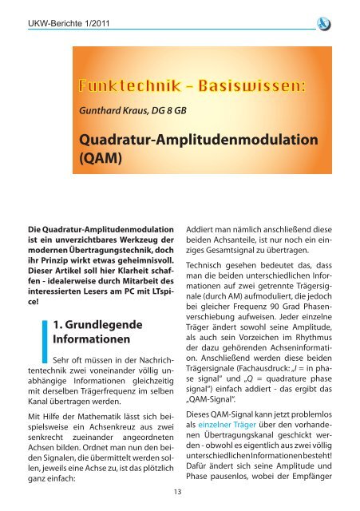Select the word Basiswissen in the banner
pos(240,85)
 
